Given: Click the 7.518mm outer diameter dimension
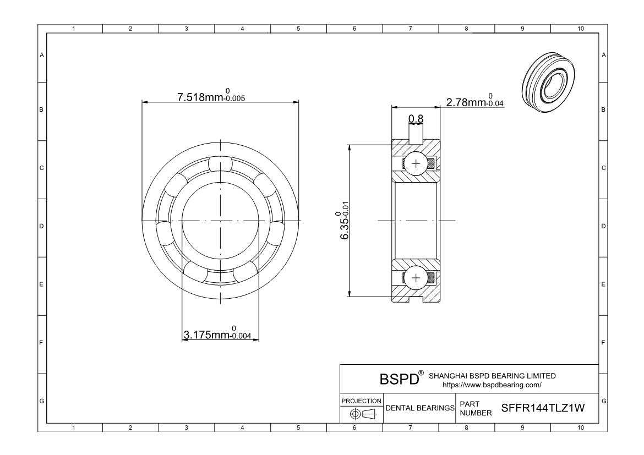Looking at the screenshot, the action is click(x=211, y=97).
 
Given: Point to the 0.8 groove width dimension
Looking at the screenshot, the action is click(x=416, y=119).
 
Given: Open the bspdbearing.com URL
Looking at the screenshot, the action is click(x=492, y=385).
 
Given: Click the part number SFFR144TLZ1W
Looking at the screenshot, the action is click(x=543, y=408).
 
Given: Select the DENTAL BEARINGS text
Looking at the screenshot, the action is click(x=420, y=408).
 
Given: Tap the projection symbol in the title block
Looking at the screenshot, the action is click(x=362, y=414).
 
